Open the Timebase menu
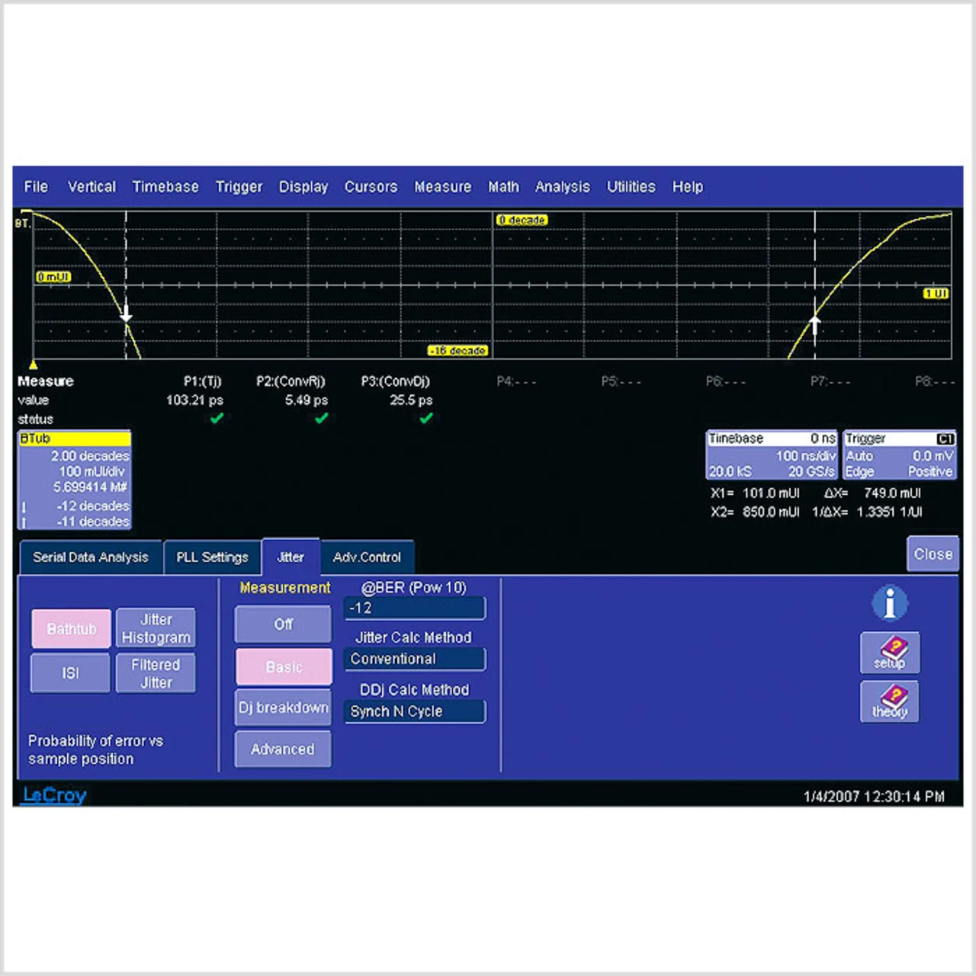165,187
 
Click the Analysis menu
562,187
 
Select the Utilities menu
631,187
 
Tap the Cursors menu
371,187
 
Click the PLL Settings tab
212,557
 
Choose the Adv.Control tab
367,557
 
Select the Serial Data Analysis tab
90,557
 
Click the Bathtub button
72,629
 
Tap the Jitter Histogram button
156,629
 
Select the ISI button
70,673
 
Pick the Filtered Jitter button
156,673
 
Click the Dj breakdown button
283,708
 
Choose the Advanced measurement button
283,750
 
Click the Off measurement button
283,624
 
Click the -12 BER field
414,608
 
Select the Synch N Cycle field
414,711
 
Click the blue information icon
890,604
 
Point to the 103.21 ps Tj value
194,400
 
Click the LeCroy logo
54,795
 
